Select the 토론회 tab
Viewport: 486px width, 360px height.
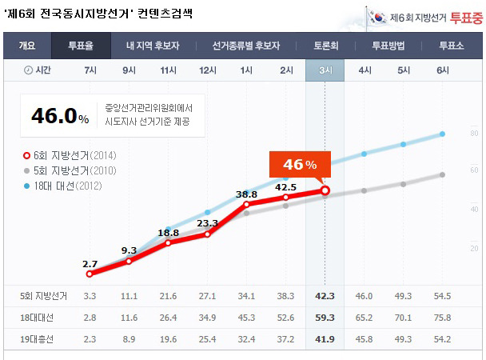(325, 45)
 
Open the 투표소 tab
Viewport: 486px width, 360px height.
(452, 45)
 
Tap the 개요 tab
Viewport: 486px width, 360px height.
(26, 45)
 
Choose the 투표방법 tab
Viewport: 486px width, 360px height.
(389, 45)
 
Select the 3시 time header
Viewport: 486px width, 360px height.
(325, 70)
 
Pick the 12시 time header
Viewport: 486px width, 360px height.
(208, 70)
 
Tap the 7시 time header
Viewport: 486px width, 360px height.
(90, 70)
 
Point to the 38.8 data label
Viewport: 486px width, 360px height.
(246, 194)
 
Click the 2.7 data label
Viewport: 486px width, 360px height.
(90, 263)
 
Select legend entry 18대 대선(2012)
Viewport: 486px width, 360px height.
(68, 186)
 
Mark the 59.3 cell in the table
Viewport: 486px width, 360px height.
(325, 318)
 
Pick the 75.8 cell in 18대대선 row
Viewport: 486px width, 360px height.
(442, 318)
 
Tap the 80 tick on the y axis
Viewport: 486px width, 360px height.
(474, 133)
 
